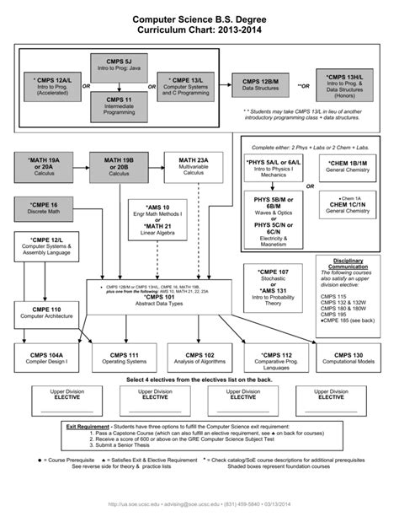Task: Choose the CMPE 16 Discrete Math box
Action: coord(43,208)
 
